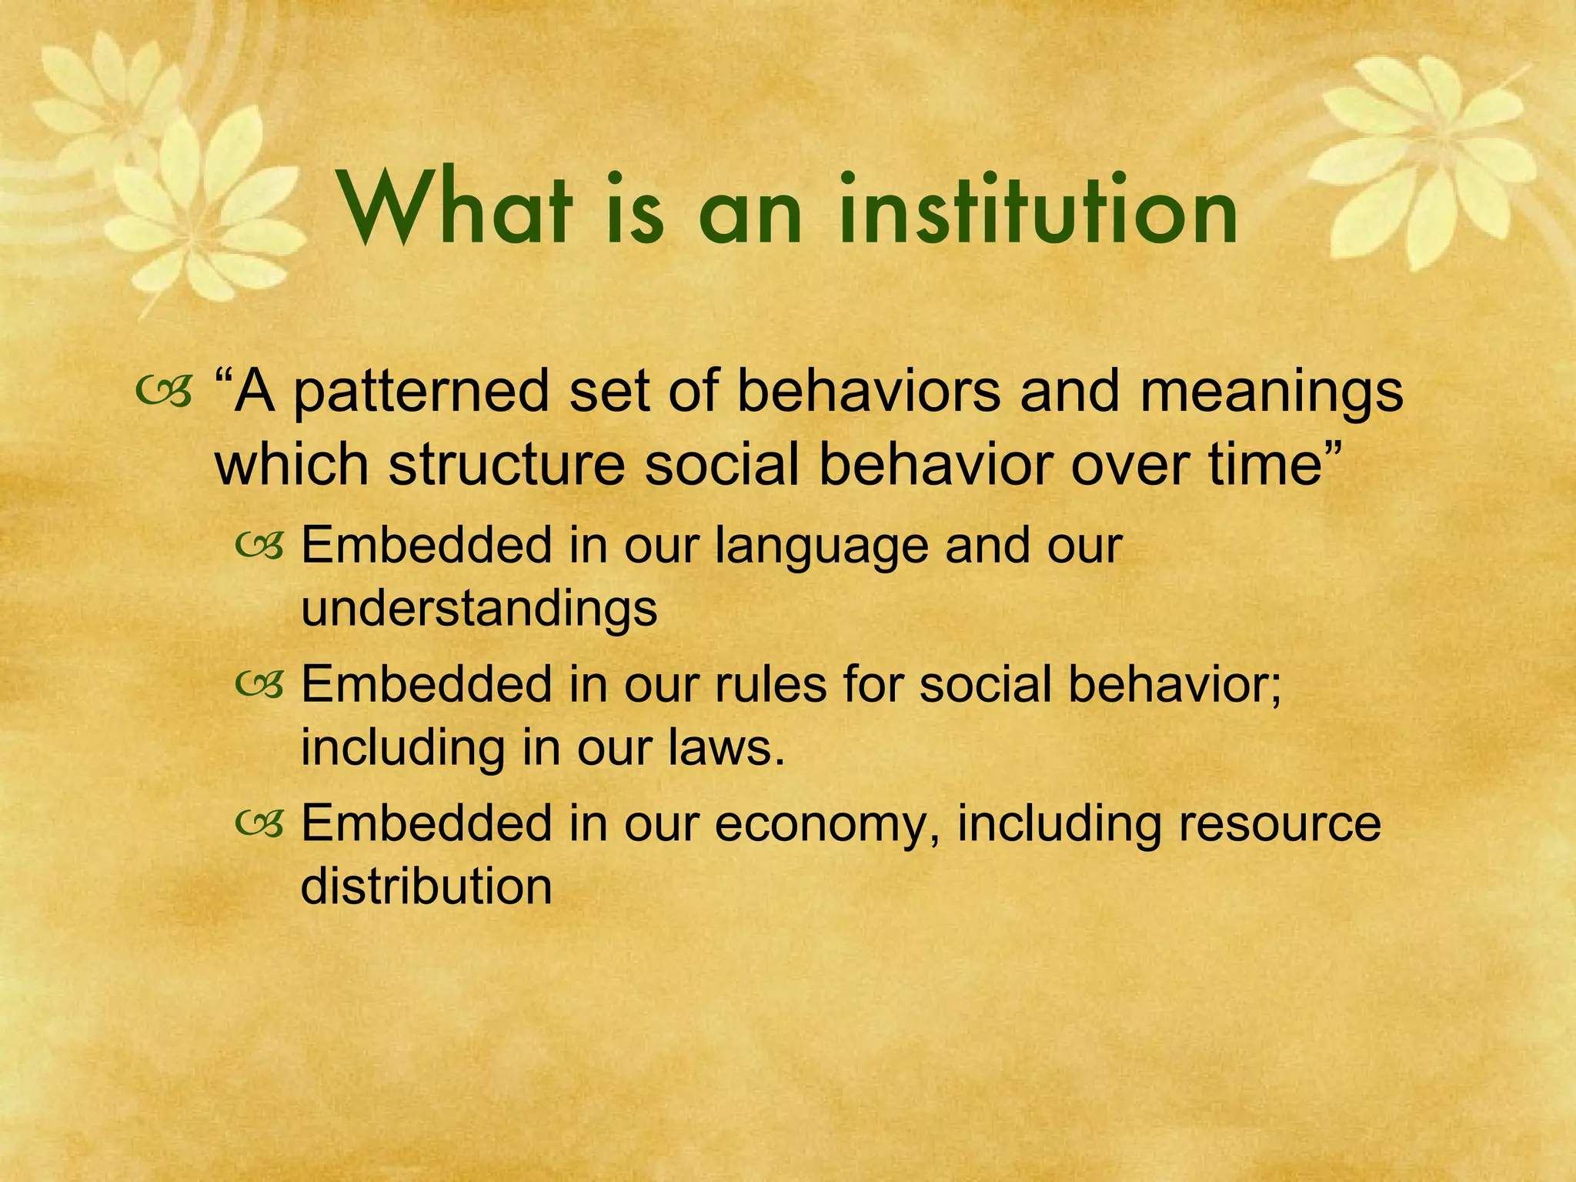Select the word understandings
pyautogui.click(x=479, y=608)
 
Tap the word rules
pyautogui.click(x=770, y=684)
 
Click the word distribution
pyautogui.click(x=426, y=886)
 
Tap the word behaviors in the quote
pyautogui.click(x=869, y=392)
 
